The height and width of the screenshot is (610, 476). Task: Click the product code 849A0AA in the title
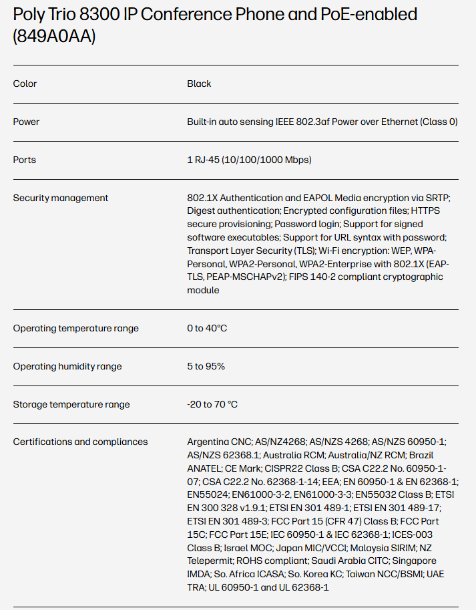(x=54, y=37)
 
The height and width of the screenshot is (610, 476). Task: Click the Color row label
(x=25, y=84)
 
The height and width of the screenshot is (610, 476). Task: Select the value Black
(x=199, y=84)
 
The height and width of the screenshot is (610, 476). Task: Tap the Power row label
(x=26, y=122)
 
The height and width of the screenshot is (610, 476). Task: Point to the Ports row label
(x=25, y=160)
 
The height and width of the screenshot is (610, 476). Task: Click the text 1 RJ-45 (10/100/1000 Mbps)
(x=249, y=160)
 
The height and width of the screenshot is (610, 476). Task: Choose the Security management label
(x=61, y=198)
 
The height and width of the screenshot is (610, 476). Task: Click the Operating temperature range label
(x=76, y=328)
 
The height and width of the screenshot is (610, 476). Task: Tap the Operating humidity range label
(x=68, y=366)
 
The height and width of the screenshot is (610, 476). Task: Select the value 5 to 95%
(x=206, y=366)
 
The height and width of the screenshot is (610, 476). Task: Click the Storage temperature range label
(x=71, y=404)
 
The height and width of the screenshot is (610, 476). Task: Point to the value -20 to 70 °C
(x=212, y=404)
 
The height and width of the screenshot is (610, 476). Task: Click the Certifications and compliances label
(x=80, y=442)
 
